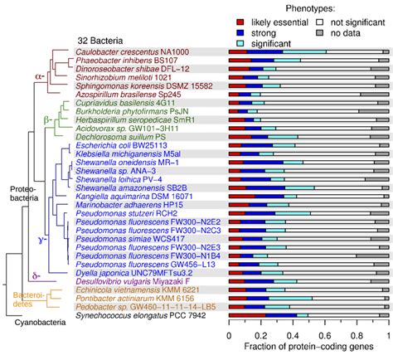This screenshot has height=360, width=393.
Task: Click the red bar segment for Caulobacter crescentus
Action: [238, 51]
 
